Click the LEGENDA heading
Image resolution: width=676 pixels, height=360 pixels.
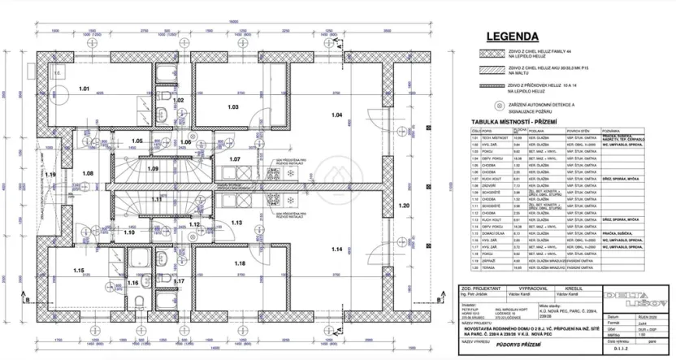coord(512,36)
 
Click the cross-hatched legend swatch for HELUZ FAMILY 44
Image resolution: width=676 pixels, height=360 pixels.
coord(491,52)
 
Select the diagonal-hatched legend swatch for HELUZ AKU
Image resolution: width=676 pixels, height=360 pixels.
coord(491,68)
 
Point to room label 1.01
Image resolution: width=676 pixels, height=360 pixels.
coord(84,86)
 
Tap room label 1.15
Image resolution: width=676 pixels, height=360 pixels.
coord(79,270)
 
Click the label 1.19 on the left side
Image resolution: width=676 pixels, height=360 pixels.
coord(50,174)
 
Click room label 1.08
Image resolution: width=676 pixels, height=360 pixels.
coord(88,174)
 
